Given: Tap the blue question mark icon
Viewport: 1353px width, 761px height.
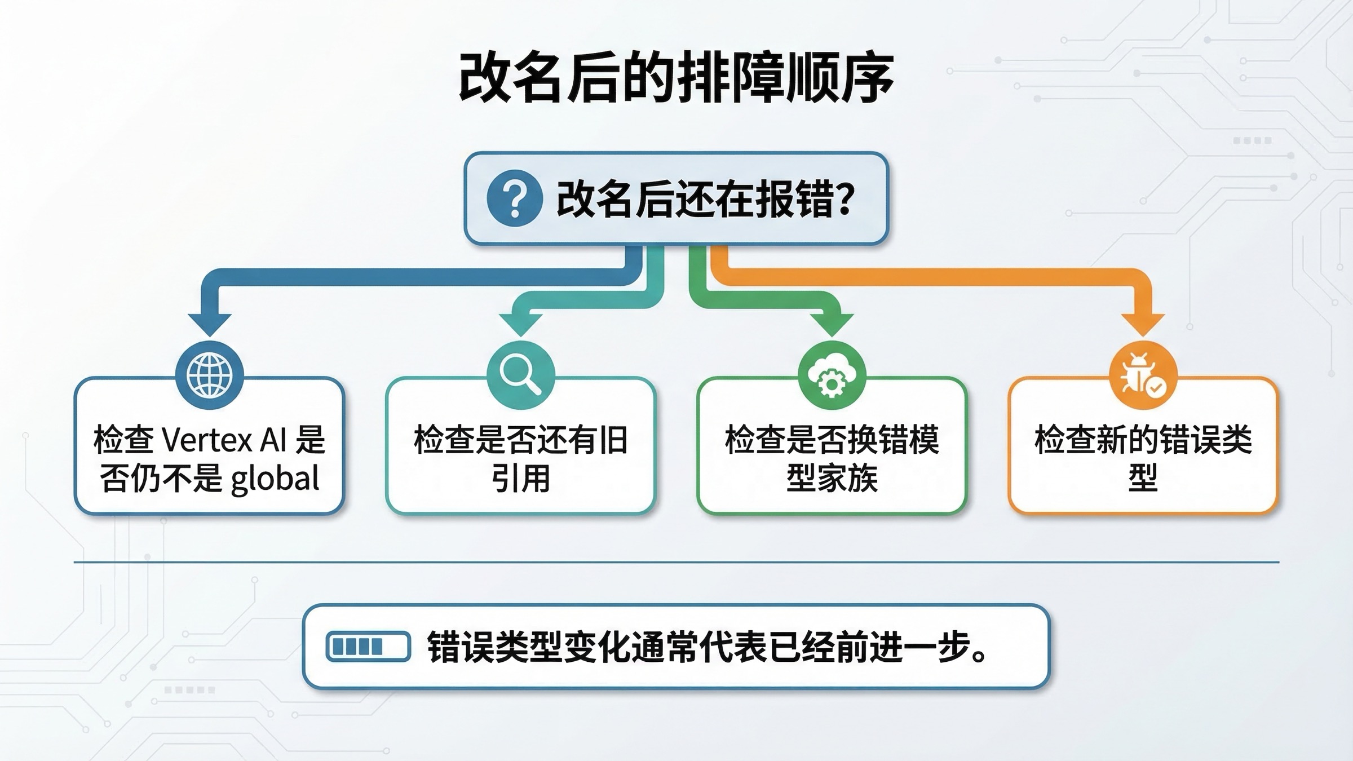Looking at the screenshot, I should (514, 198).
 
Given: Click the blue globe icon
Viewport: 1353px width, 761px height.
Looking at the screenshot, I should (210, 375).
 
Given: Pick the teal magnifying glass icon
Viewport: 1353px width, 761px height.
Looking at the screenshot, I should (520, 375).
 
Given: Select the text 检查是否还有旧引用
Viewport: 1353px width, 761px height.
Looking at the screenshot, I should (520, 458).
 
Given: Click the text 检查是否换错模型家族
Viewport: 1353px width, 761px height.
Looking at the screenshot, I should (832, 458).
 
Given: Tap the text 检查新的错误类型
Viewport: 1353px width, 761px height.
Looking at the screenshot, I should (1143, 458).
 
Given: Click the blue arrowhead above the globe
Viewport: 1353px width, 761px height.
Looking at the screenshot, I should (210, 324).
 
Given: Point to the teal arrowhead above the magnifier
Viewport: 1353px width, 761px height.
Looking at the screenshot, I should (520, 324).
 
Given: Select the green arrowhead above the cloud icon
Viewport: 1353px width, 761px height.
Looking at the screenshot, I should (832, 324).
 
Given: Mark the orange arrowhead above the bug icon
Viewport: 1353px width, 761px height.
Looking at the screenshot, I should (1143, 324).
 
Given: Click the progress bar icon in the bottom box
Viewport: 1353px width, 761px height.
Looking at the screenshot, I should (368, 646).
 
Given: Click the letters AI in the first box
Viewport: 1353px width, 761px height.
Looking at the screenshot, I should (273, 440).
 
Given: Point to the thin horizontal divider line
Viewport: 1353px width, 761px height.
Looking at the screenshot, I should (676, 562).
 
